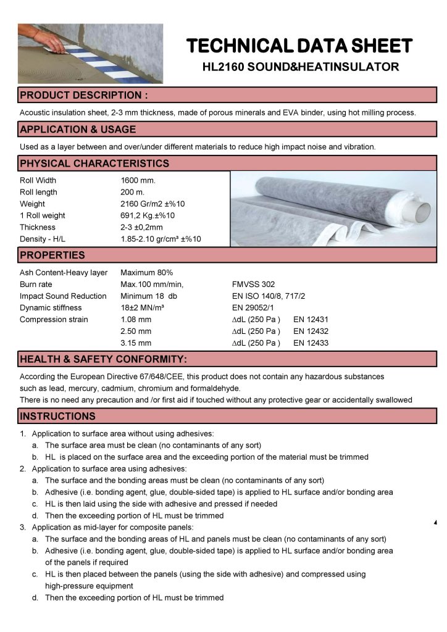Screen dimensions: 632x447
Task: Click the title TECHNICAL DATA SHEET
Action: click(299, 46)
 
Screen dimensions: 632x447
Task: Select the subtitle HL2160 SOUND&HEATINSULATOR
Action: click(300, 66)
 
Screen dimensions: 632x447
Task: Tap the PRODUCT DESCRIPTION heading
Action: click(83, 95)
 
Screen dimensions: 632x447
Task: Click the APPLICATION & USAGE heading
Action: click(78, 130)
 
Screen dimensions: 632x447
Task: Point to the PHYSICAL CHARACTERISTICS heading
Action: click(94, 164)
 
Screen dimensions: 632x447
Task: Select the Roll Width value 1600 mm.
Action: click(138, 181)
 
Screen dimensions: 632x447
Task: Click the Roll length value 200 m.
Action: click(132, 192)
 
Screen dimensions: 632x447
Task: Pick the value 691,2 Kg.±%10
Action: click(148, 215)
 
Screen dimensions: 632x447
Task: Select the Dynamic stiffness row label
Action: click(51, 308)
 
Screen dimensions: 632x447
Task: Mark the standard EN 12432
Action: click(312, 331)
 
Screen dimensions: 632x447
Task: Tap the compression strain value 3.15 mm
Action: click(136, 343)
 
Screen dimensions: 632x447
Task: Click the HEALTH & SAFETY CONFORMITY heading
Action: click(103, 359)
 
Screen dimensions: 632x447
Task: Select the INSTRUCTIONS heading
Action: click(57, 416)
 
